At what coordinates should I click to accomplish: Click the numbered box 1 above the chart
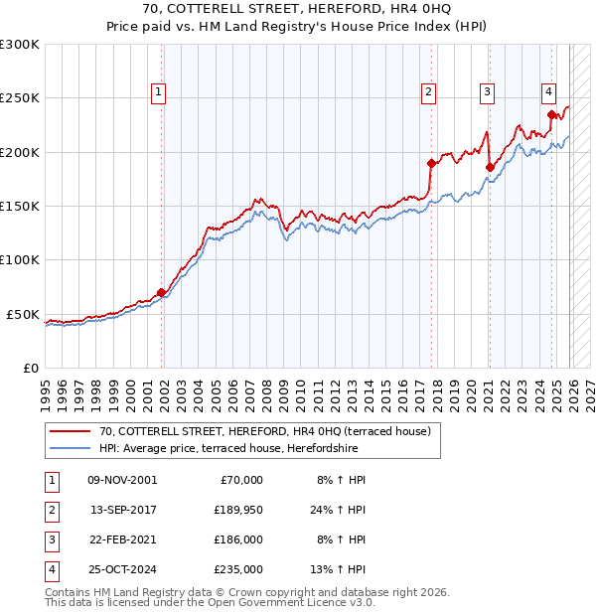pyautogui.click(x=159, y=93)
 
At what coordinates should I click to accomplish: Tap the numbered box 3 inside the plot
pyautogui.click(x=489, y=93)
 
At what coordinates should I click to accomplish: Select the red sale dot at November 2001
pyautogui.click(x=161, y=292)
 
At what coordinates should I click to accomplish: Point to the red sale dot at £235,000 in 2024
pyautogui.click(x=551, y=115)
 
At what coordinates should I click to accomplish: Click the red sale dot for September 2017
pyautogui.click(x=431, y=164)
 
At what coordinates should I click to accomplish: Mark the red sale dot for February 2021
pyautogui.click(x=490, y=168)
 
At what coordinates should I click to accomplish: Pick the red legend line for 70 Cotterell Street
pyautogui.click(x=71, y=432)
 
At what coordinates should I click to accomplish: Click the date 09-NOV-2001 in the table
pyautogui.click(x=122, y=480)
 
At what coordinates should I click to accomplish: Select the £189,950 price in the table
pyautogui.click(x=237, y=510)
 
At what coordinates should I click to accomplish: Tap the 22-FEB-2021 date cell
pyautogui.click(x=122, y=539)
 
